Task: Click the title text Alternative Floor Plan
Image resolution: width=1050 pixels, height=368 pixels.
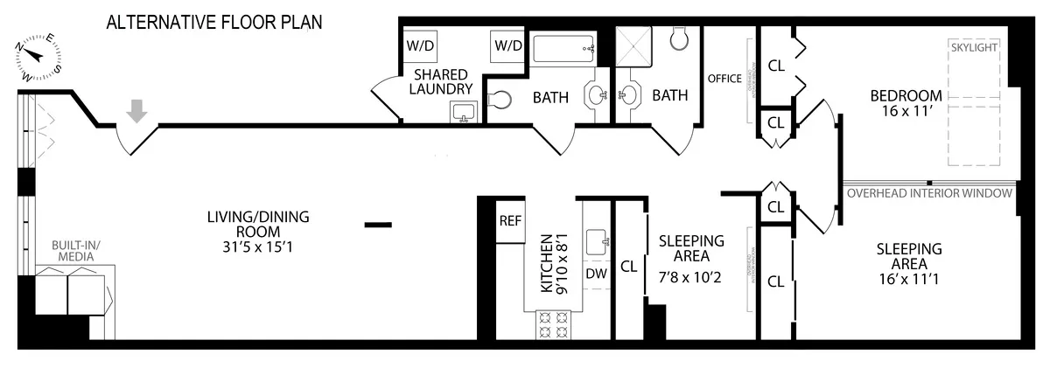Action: tap(214, 22)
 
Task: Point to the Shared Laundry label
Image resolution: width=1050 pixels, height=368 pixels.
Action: tap(443, 81)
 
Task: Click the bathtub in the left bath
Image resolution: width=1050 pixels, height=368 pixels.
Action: tap(564, 49)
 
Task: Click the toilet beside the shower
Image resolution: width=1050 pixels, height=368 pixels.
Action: tap(680, 38)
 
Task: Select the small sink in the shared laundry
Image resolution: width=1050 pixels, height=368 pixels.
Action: tap(463, 112)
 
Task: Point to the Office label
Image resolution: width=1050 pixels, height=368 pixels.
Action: tap(724, 79)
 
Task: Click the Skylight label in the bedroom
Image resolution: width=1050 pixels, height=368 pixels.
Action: tap(974, 47)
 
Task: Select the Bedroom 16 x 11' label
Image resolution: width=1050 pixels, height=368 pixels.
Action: tap(905, 103)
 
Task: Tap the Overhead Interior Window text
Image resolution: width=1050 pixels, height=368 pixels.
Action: tap(929, 193)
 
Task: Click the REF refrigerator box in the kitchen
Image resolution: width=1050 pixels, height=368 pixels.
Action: tap(509, 221)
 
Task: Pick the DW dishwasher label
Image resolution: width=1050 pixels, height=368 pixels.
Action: tap(596, 274)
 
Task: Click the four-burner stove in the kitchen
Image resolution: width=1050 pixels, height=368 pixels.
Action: tap(552, 325)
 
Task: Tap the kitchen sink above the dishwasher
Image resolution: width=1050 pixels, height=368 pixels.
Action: tap(598, 240)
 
